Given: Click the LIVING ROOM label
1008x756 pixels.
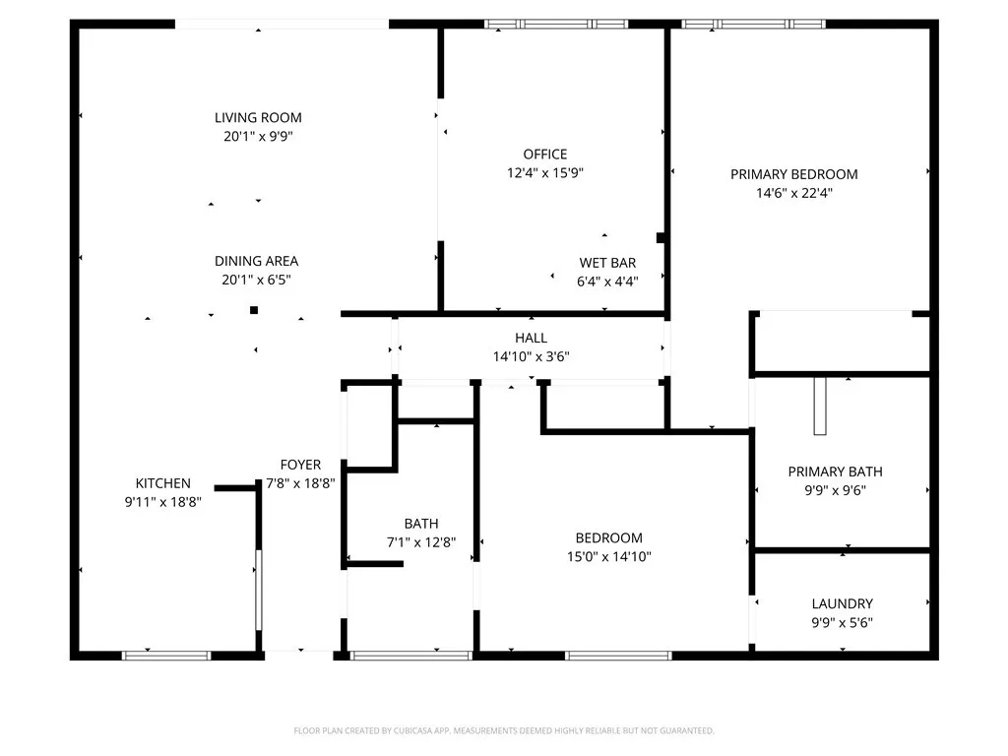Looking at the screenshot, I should (258, 118).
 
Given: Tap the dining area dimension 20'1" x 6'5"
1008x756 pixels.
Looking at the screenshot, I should (256, 280).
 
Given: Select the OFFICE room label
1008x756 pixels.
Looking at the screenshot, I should (544, 155).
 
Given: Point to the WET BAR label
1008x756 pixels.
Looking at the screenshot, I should (606, 263).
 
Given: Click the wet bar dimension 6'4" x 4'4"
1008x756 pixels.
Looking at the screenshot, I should (606, 281).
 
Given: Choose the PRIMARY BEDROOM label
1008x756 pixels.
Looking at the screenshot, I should (793, 174).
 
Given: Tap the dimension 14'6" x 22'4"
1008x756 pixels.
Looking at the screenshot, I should (793, 193).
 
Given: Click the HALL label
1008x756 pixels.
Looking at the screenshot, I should (531, 338).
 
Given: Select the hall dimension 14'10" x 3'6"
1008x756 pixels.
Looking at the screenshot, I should (531, 356).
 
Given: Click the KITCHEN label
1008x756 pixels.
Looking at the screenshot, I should (162, 483).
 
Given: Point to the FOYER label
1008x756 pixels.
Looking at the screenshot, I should (300, 465).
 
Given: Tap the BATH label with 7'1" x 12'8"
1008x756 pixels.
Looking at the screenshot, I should (420, 524).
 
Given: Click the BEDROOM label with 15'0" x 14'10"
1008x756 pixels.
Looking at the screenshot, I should (608, 537).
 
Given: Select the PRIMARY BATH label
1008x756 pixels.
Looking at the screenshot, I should (835, 472).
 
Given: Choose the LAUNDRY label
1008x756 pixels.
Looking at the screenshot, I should (842, 603).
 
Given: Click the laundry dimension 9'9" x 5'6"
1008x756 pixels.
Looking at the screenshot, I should (842, 622).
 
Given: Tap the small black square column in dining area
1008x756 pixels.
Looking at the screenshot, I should (254, 310).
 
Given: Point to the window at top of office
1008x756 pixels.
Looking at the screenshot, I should (556, 24).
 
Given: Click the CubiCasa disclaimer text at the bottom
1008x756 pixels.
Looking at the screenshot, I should (504, 730).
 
